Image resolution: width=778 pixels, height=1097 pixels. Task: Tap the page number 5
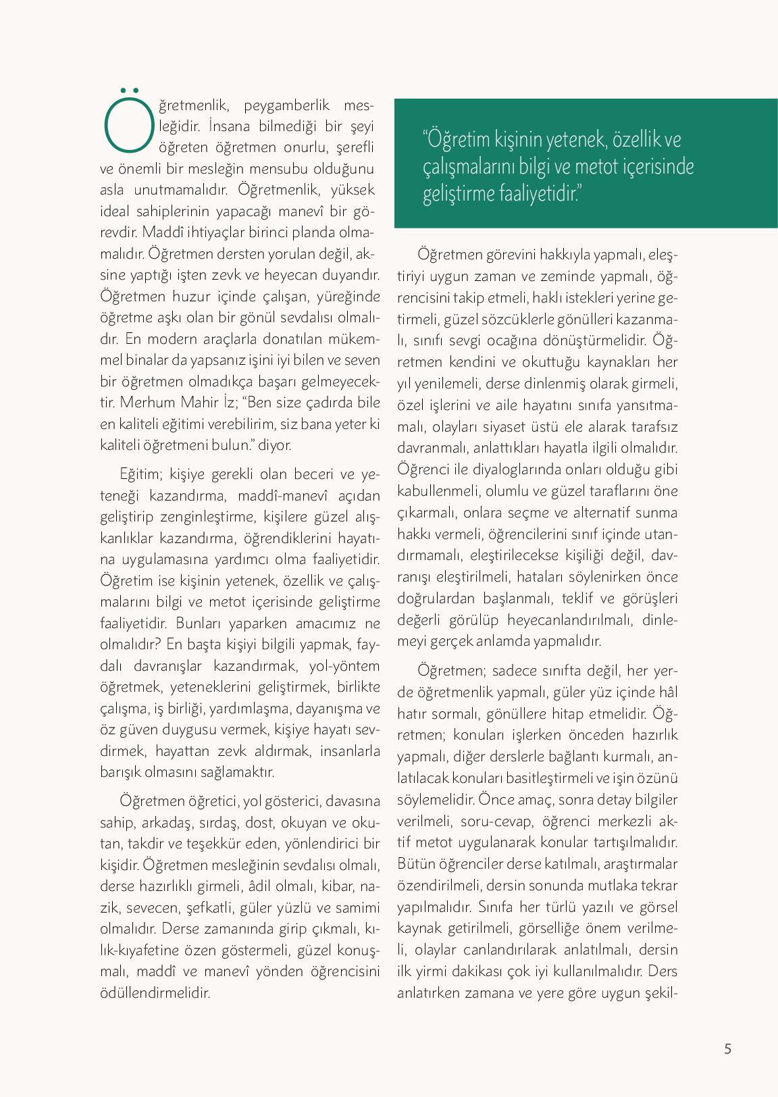click(x=727, y=1049)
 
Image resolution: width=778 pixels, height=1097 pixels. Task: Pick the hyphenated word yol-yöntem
click(x=344, y=666)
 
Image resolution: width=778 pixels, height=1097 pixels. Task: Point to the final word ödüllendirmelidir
click(x=155, y=993)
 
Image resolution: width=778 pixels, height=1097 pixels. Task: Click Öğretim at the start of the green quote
click(x=454, y=140)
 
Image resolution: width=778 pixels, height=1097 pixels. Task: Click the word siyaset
click(x=519, y=427)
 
